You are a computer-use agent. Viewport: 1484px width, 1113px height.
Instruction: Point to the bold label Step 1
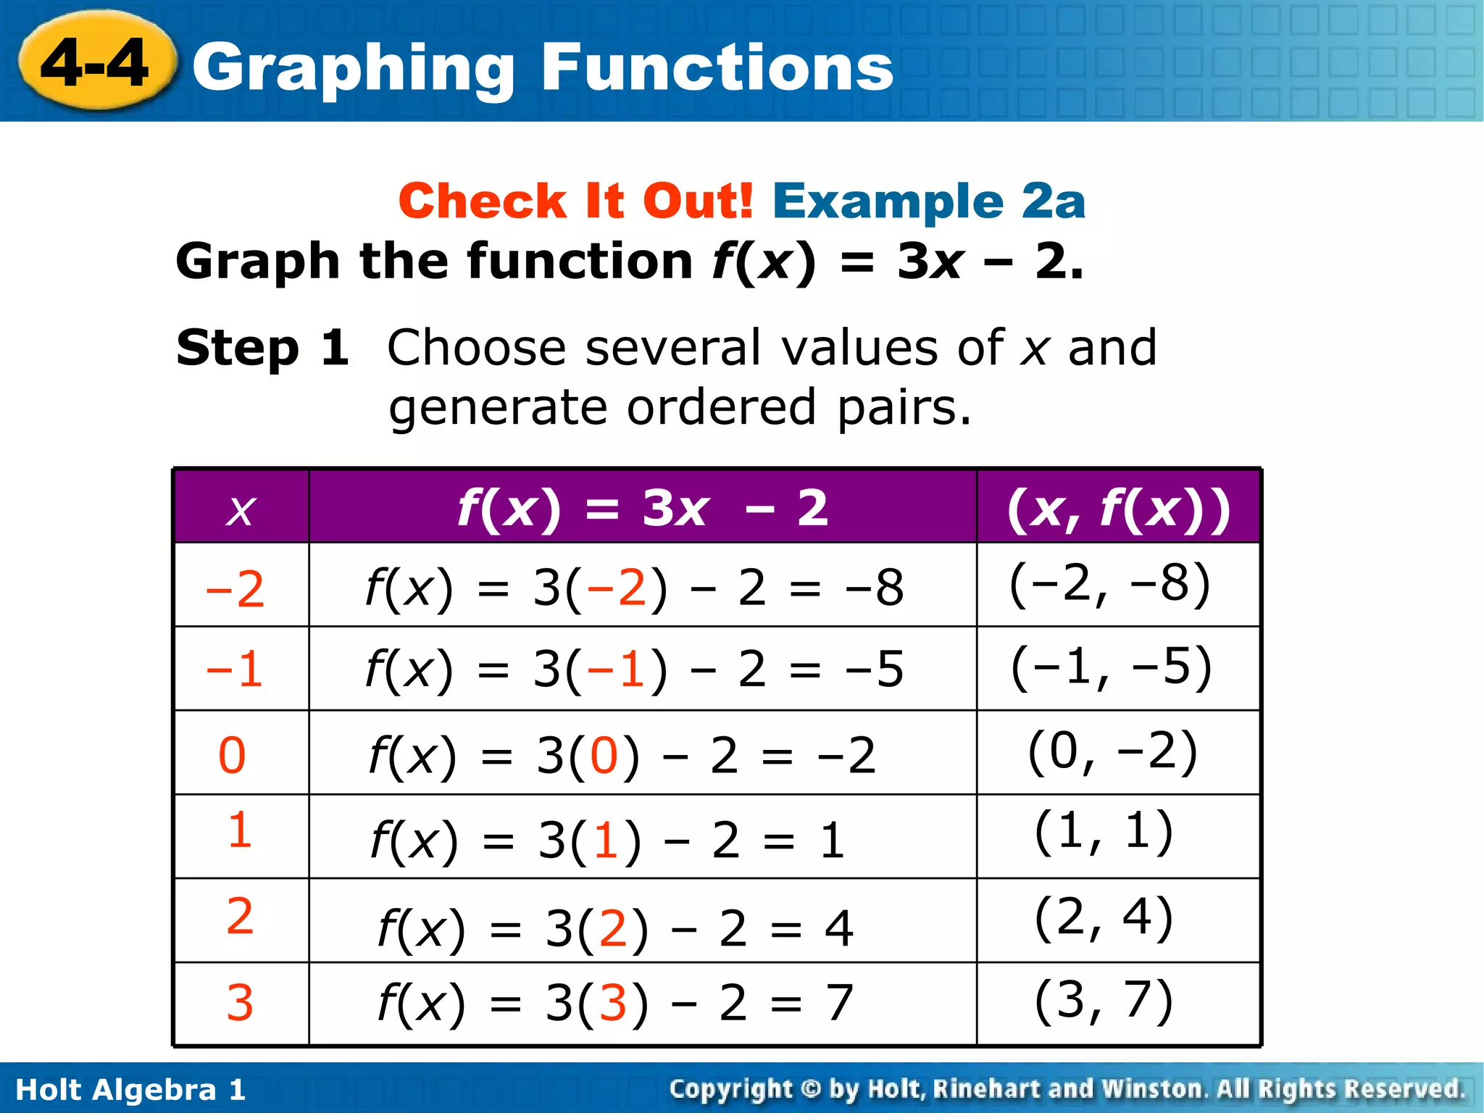(262, 348)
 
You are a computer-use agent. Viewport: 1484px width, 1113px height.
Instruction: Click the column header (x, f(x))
(1118, 508)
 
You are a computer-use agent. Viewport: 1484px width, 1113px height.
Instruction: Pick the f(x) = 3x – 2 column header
(642, 508)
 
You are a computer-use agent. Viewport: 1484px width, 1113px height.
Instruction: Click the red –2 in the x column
(235, 588)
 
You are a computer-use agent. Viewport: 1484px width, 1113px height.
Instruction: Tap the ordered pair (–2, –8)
(1109, 583)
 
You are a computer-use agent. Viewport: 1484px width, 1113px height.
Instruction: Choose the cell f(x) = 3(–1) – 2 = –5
(634, 668)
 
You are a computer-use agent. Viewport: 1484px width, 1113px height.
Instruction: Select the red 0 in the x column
(232, 755)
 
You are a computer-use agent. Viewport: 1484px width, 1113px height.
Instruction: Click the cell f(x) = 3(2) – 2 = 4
(615, 927)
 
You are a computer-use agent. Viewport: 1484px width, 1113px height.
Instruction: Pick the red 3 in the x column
(240, 1003)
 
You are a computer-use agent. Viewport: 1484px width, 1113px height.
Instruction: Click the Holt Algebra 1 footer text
(130, 1090)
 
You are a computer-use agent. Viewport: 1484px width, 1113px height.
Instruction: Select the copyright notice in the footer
(1067, 1089)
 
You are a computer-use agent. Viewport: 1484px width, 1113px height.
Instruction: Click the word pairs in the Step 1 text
(904, 407)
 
